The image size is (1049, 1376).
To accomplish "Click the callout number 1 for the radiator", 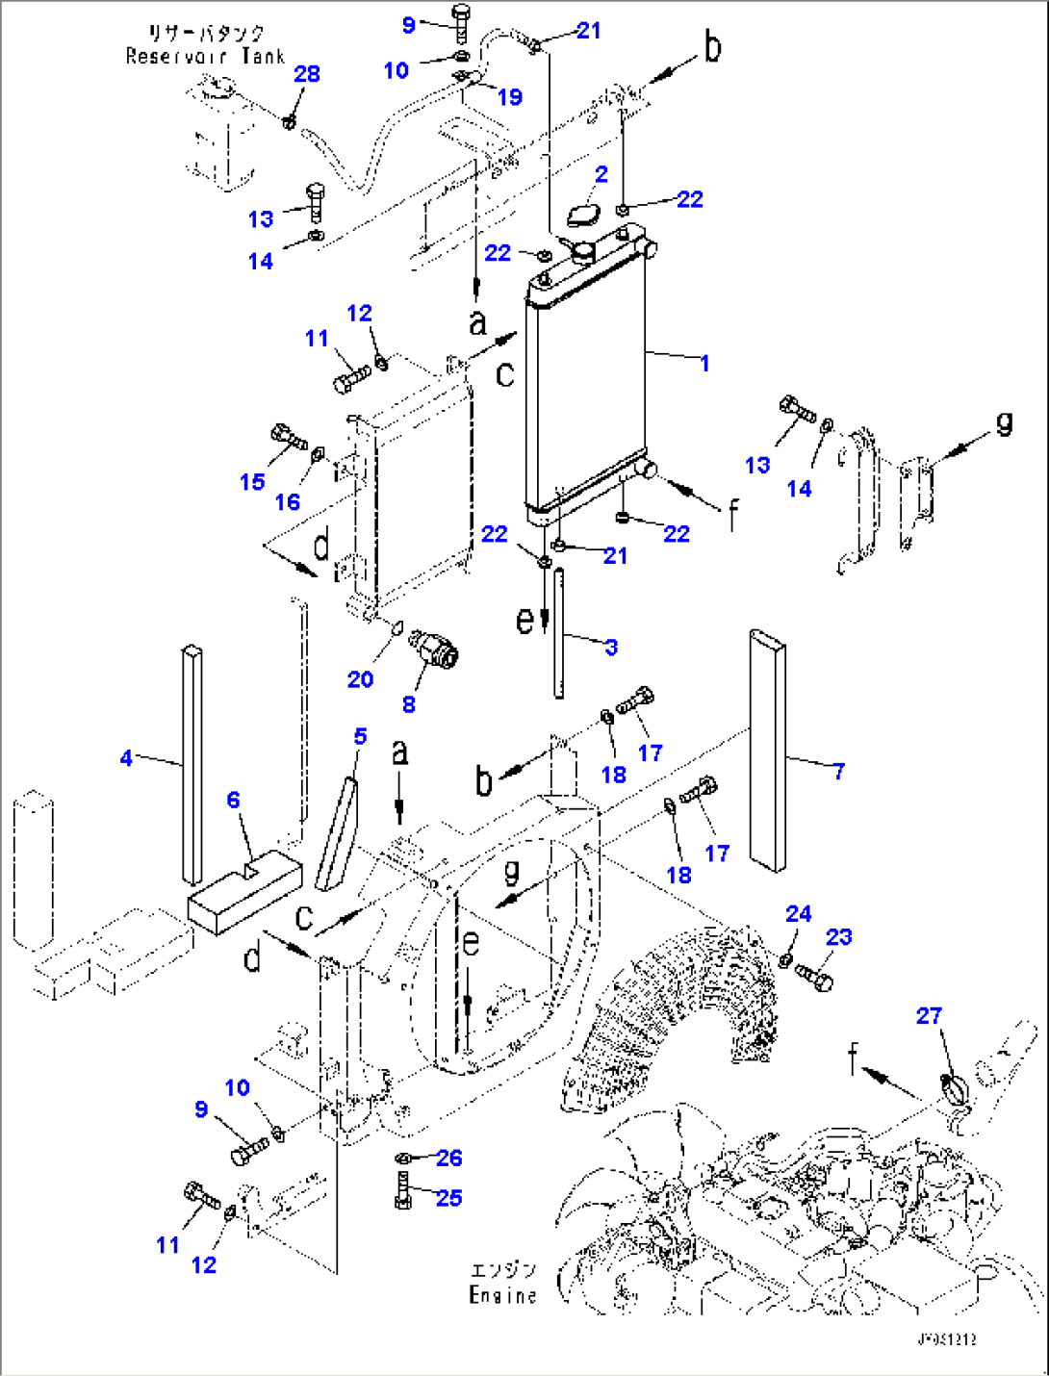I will click(x=704, y=363).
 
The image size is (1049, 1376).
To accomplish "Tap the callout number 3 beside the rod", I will click(x=611, y=647).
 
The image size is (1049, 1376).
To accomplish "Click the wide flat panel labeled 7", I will click(x=767, y=751).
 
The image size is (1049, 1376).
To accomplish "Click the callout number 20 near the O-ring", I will click(x=360, y=679).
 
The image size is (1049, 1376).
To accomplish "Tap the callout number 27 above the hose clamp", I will click(x=929, y=1015).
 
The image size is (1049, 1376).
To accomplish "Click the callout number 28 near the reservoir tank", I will click(x=306, y=74).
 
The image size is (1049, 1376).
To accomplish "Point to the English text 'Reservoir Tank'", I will click(x=205, y=56).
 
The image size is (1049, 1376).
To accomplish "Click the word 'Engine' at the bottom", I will click(x=502, y=1295).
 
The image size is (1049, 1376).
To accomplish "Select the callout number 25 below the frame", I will click(x=448, y=1198).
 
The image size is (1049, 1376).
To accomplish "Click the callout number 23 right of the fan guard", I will click(x=838, y=937).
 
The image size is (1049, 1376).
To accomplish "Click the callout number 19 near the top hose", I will click(x=509, y=96).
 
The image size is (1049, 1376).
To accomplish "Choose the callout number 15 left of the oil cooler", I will click(x=252, y=481).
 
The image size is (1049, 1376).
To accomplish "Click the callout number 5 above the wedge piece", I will click(x=360, y=736).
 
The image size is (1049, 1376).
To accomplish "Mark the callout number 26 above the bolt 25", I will click(x=448, y=1158).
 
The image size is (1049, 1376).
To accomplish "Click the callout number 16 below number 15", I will click(x=287, y=501).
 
